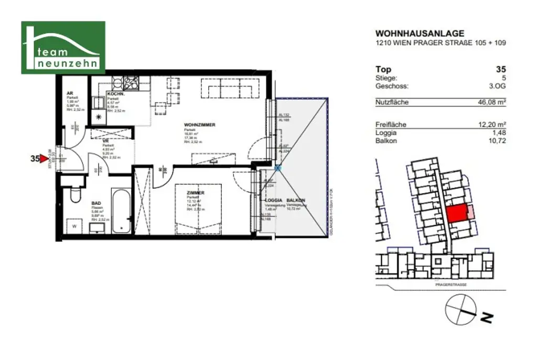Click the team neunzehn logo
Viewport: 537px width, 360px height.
(63, 47)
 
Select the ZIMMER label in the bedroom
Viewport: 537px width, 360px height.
(196, 193)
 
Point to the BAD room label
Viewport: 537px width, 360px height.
(96, 203)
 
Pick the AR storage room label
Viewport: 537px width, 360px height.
(69, 93)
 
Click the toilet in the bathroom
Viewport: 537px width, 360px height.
(74, 197)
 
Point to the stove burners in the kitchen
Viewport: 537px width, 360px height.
(131, 82)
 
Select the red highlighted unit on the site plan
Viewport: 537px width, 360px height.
(457, 214)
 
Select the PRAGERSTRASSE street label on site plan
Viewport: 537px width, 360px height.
(450, 283)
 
